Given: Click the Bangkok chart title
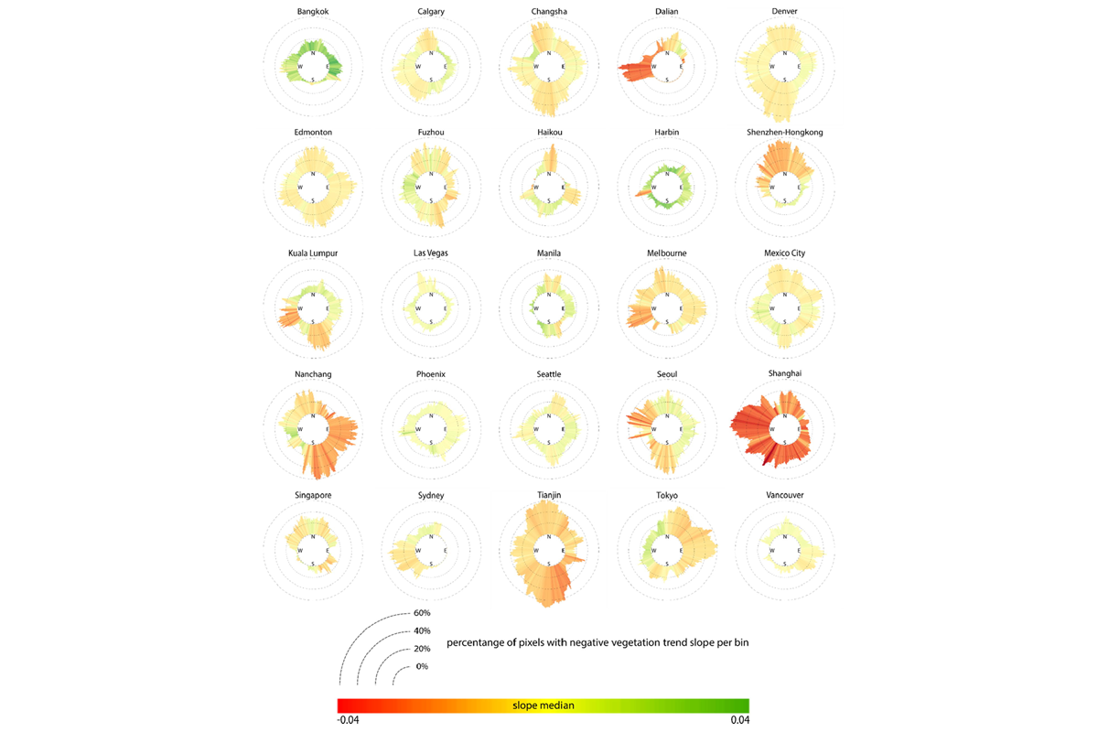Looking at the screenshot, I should (x=313, y=11).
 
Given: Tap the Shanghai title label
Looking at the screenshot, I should (x=784, y=373).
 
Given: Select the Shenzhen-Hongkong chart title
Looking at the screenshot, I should (x=784, y=132).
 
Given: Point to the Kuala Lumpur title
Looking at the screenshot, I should (x=313, y=253).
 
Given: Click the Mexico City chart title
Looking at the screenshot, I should (x=784, y=253).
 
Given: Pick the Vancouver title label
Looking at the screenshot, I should (x=784, y=495).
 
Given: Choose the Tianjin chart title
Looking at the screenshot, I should (x=549, y=495).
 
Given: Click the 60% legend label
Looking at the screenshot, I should (x=422, y=613).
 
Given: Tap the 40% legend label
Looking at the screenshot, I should (x=422, y=631).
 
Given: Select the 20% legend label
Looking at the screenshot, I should (x=422, y=649).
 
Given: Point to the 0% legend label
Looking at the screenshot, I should (x=422, y=666).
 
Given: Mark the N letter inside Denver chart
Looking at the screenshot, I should (x=784, y=53).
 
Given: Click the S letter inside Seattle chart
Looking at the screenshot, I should (x=549, y=442).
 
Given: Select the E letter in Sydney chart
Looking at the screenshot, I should (x=446, y=550).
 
